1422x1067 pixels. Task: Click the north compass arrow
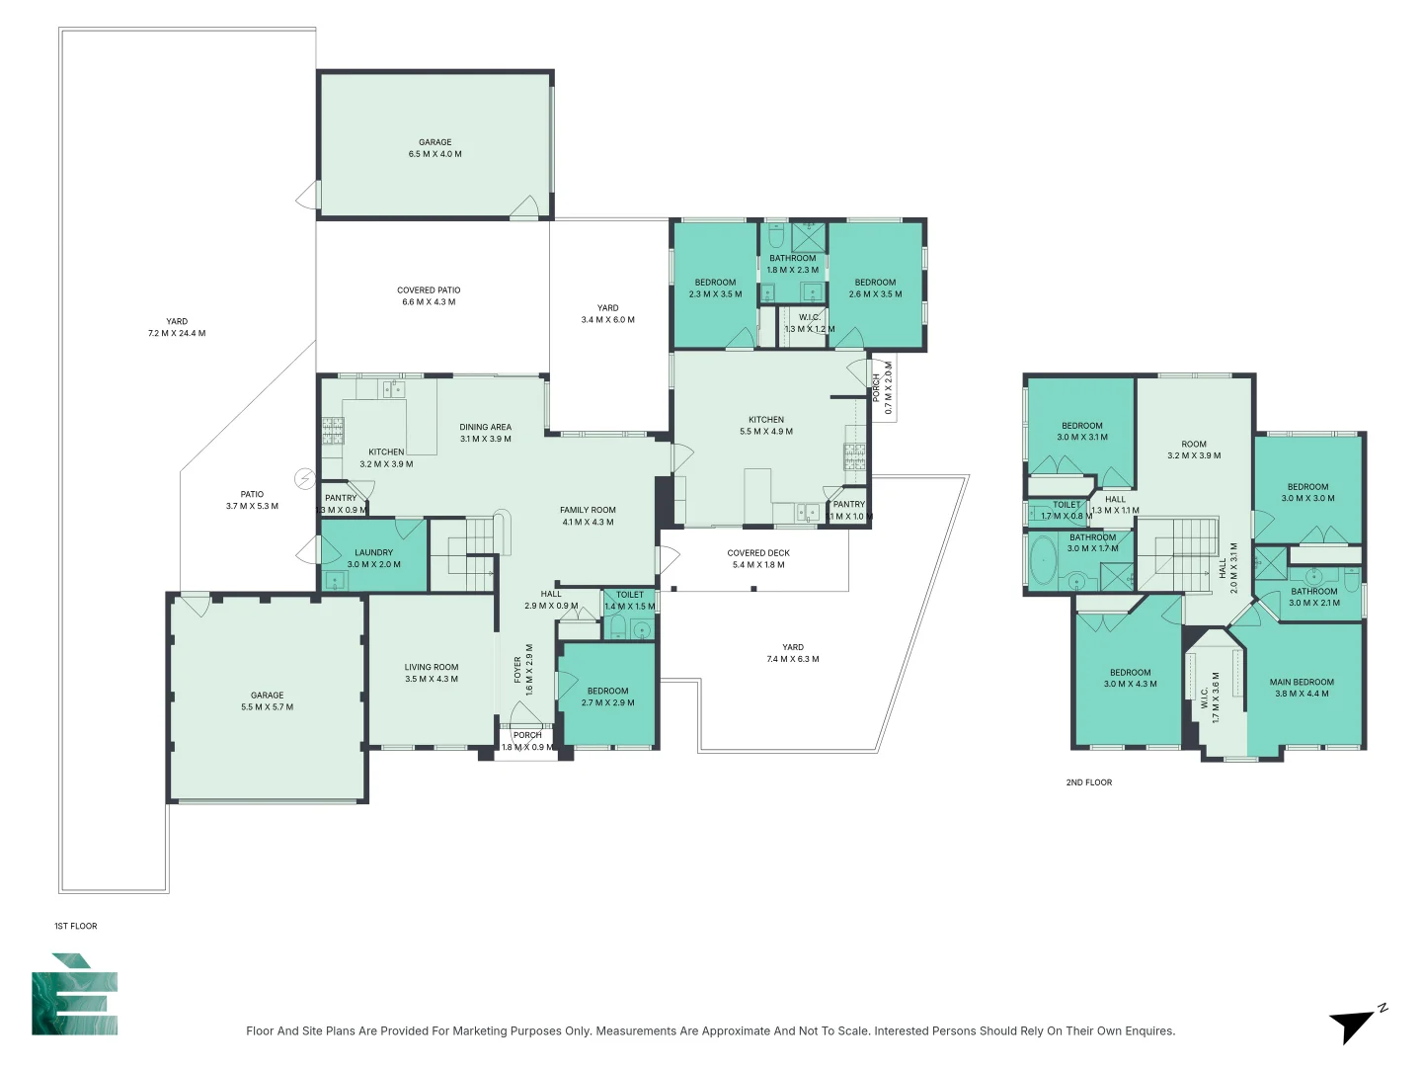[1354, 1025]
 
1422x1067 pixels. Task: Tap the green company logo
[75, 996]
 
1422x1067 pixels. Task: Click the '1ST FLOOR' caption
[76, 926]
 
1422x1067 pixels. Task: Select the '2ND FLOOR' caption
[1088, 782]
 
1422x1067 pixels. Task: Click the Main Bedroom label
[1302, 688]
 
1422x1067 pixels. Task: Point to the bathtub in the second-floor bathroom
[1042, 561]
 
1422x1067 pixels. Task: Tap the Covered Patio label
[429, 296]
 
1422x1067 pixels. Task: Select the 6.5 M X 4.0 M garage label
[435, 148]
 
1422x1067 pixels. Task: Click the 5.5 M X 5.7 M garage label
[267, 701]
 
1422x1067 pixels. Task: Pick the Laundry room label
[373, 558]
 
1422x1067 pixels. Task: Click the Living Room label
[432, 673]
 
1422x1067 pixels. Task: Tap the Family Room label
[588, 516]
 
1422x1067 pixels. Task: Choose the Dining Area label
[485, 433]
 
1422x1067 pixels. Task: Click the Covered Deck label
[758, 559]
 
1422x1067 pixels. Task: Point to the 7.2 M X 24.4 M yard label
[177, 327]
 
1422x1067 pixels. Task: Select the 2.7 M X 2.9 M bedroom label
[607, 697]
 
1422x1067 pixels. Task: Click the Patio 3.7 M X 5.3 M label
[252, 500]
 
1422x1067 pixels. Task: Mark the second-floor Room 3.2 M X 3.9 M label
[1194, 450]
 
